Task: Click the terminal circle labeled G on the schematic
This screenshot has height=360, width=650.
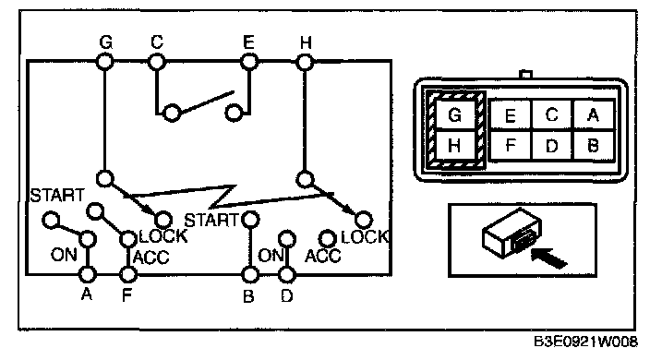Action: [x=105, y=63]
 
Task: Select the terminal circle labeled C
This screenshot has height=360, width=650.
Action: [x=157, y=63]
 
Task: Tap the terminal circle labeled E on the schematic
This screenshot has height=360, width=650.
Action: [x=249, y=63]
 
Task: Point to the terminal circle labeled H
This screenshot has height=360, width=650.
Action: [x=305, y=63]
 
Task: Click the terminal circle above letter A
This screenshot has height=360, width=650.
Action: [x=88, y=274]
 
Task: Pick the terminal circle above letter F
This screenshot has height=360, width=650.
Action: [x=127, y=274]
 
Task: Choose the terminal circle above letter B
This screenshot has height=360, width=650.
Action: [x=250, y=275]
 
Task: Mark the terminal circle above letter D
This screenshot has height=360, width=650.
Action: [x=287, y=275]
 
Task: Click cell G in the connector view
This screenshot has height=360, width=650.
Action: [x=455, y=114]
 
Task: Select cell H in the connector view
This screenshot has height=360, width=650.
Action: [x=455, y=146]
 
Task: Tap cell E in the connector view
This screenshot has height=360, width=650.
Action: [x=511, y=114]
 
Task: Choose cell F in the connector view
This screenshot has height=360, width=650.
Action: [x=511, y=146]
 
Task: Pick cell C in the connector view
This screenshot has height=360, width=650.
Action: [x=552, y=114]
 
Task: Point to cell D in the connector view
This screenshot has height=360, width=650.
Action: [x=552, y=146]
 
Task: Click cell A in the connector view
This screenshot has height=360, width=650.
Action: [x=593, y=114]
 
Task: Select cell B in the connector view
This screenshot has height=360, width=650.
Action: [x=593, y=146]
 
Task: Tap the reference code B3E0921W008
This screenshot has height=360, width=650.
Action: [x=585, y=342]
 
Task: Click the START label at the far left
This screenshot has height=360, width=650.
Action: [x=57, y=196]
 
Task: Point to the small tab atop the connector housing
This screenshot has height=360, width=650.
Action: [x=525, y=75]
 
